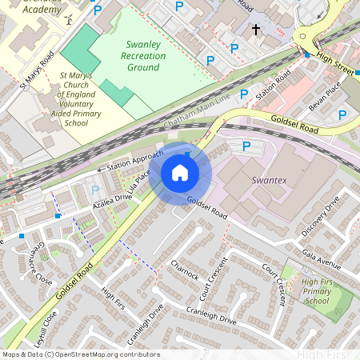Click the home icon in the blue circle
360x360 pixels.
click(x=180, y=173)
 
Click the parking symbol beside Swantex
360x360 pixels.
click(x=246, y=147)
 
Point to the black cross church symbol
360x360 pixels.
click(x=256, y=30)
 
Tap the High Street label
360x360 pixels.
click(x=334, y=60)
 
